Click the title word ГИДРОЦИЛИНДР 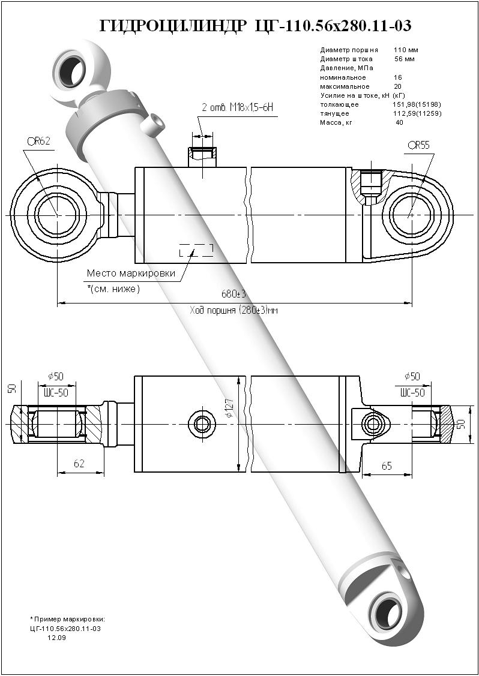point(172,26)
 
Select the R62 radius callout point(38,142)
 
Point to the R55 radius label point(418,145)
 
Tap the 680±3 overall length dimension point(234,295)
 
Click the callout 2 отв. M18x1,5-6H point(238,107)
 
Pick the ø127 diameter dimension point(230,409)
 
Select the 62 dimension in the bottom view point(79,464)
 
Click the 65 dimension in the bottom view point(387,465)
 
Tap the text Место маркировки point(131,274)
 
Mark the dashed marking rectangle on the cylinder point(196,251)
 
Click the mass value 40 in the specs point(399,122)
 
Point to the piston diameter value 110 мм point(406,50)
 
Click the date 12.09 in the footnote point(57,638)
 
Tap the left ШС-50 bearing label point(56,392)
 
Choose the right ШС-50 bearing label point(412,392)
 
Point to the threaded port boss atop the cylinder point(202,157)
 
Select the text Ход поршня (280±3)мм point(234,310)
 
